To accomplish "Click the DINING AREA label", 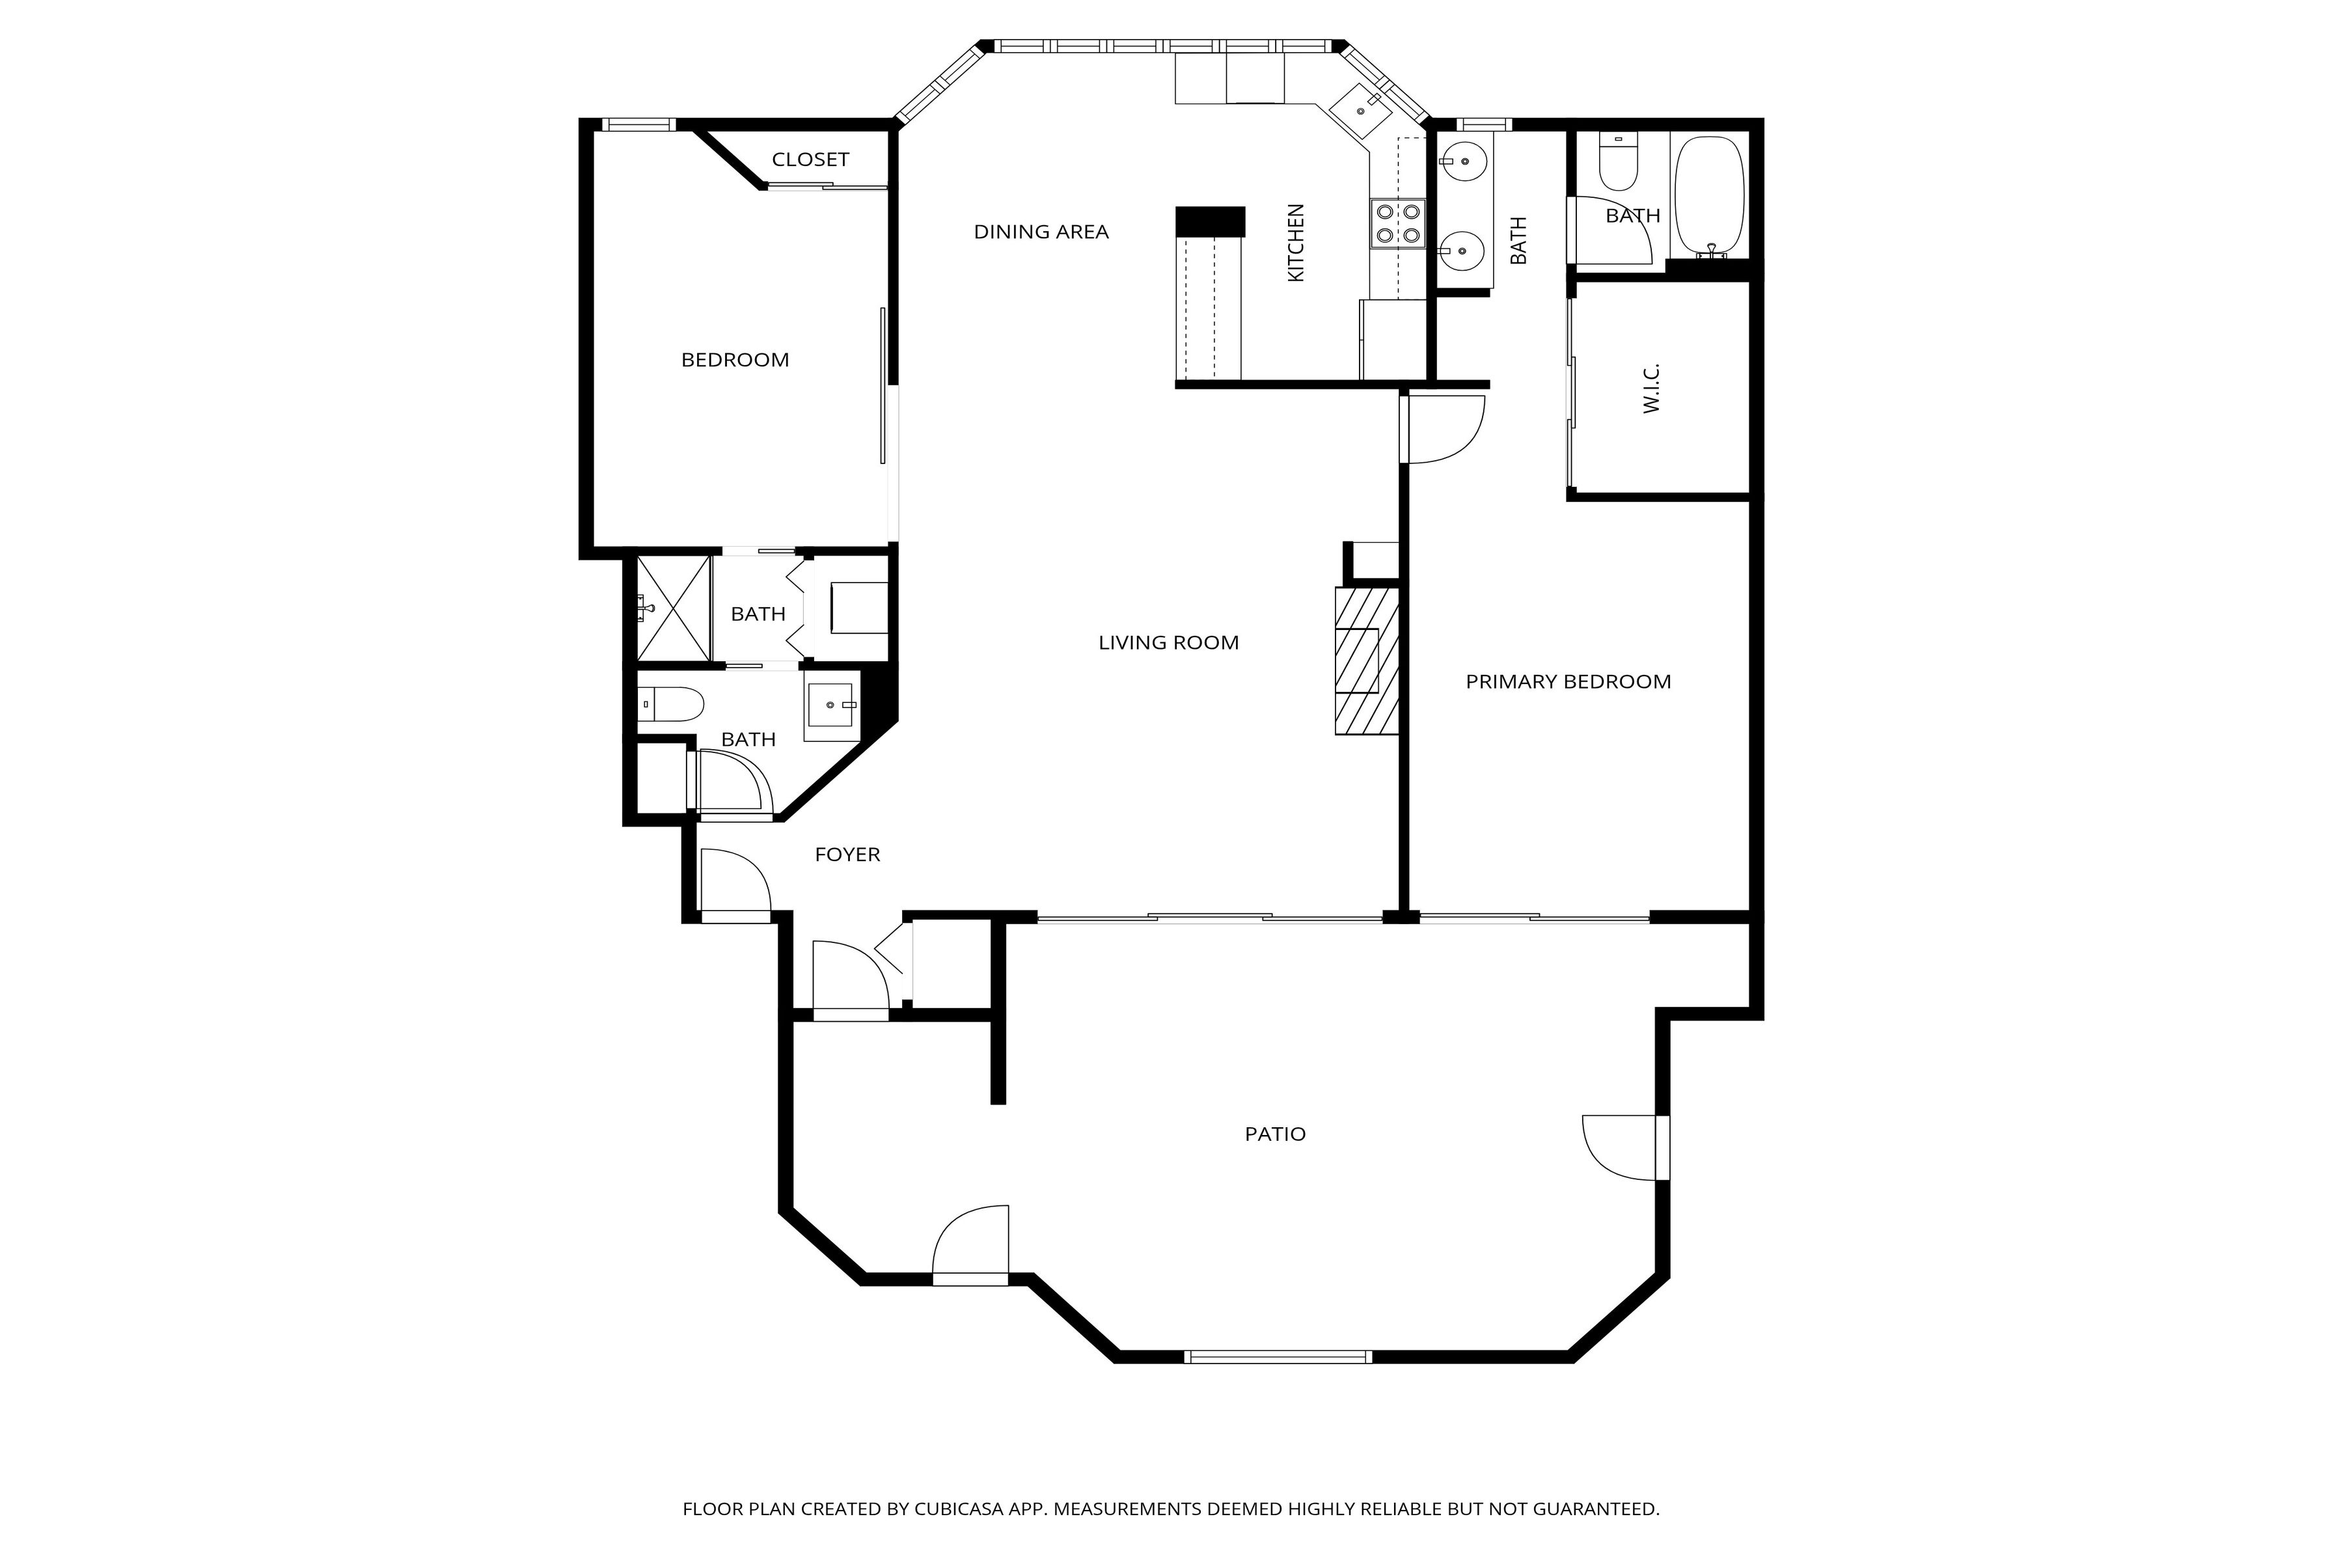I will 1040,232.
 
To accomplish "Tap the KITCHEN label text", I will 1295,243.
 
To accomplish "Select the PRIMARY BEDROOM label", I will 1567,682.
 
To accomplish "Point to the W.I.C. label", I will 1651,389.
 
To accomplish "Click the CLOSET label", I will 810,159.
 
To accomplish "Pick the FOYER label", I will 847,855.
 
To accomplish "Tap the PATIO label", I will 1274,1134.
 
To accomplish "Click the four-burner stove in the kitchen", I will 1397,224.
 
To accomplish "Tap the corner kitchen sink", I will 1362,109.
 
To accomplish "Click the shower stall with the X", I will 674,609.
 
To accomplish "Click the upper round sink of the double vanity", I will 1463,159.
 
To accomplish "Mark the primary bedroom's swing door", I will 1442,428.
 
